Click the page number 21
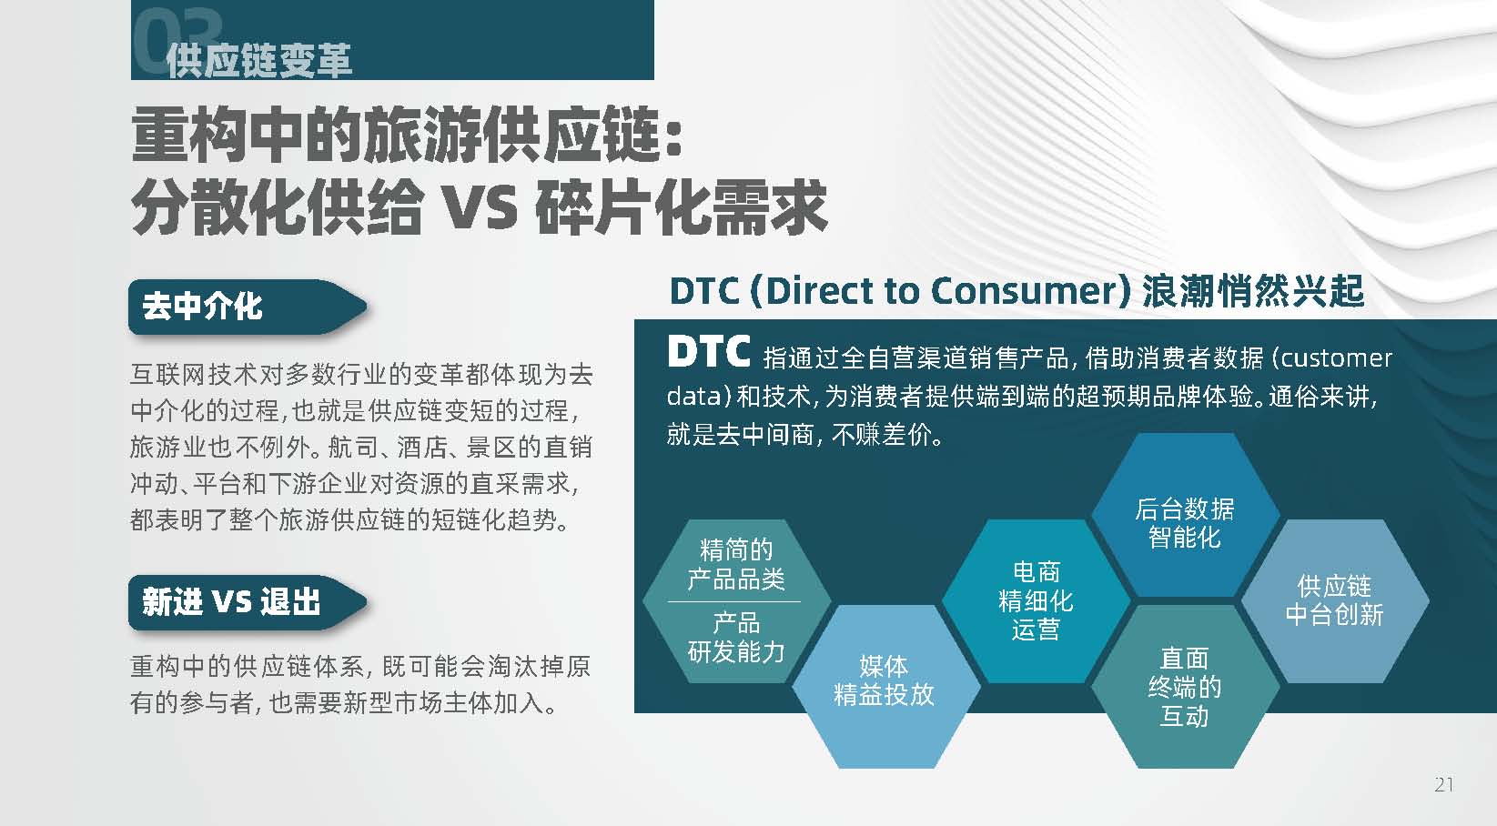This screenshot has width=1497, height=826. pyautogui.click(x=1443, y=784)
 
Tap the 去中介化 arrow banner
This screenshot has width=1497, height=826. pyautogui.click(x=248, y=307)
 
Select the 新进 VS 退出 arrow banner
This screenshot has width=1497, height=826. pyautogui.click(x=248, y=602)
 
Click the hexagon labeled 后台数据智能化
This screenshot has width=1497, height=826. pyautogui.click(x=1185, y=515)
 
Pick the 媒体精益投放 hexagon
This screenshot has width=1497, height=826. pyautogui.click(x=885, y=686)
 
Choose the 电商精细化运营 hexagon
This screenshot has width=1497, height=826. pyautogui.click(x=1036, y=600)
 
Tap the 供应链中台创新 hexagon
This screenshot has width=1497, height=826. pyautogui.click(x=1335, y=600)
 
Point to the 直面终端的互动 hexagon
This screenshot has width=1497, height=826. pyautogui.click(x=1185, y=686)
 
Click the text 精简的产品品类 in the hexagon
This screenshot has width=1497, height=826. pyautogui.click(x=736, y=564)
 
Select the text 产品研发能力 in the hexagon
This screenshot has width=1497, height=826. pyautogui.click(x=736, y=638)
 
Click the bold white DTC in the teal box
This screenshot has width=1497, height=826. pyautogui.click(x=708, y=351)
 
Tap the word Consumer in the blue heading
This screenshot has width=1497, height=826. pyautogui.click(x=1026, y=291)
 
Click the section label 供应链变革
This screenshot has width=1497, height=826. pyautogui.click(x=258, y=60)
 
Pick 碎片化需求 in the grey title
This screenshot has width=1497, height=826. pyautogui.click(x=682, y=207)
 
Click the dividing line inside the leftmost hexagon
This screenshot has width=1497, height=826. pyautogui.click(x=734, y=601)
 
